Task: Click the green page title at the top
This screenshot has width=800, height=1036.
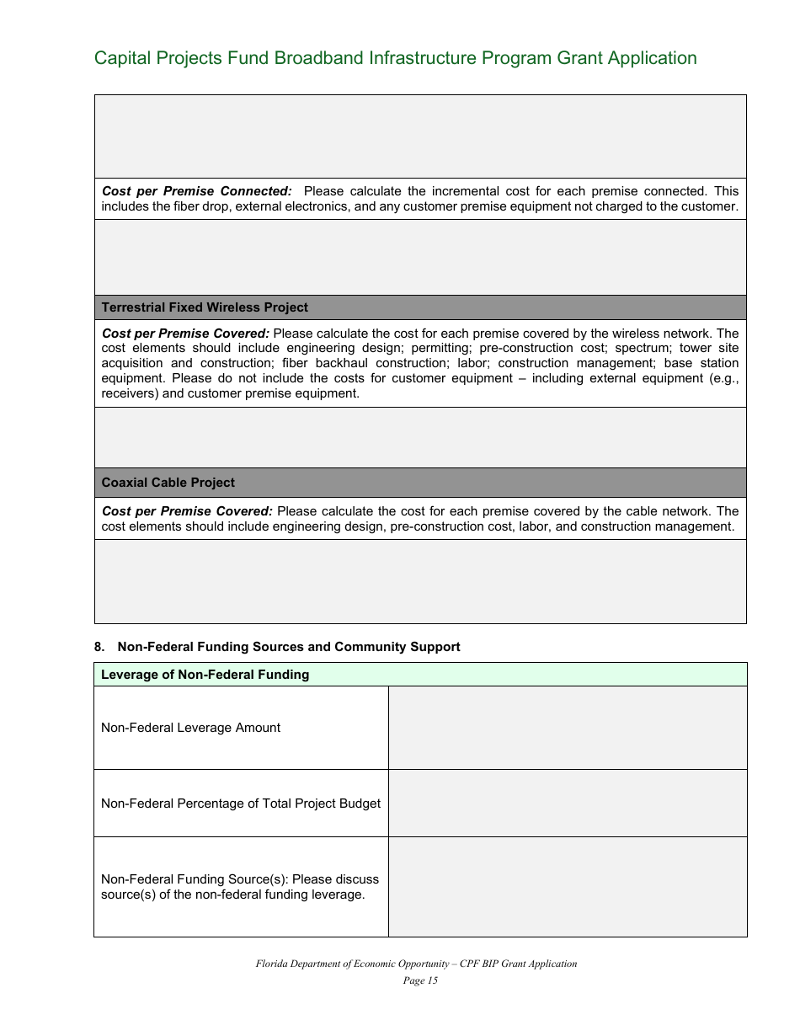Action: pos(395,58)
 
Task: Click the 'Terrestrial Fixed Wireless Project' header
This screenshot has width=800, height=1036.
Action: pos(205,307)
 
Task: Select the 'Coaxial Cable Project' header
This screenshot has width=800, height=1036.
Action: pos(168,483)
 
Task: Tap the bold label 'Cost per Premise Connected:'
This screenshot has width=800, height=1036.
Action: pos(196,191)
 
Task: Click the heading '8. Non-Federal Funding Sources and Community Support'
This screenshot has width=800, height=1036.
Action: pos(277,647)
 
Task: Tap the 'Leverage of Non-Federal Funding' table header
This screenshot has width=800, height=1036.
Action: pos(205,675)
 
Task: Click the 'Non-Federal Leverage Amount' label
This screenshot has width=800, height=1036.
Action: pos(190,728)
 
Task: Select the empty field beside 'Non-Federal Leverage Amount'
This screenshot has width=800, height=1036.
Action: pos(567,728)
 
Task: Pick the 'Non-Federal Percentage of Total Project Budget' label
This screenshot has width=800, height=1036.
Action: pos(240,804)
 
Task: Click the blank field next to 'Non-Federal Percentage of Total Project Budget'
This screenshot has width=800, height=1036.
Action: pos(567,804)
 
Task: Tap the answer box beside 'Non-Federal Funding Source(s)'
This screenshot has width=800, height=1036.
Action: pos(567,887)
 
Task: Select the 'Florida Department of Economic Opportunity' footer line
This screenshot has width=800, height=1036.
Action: pos(416,964)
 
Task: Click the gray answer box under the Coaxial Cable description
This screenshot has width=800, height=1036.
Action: pos(420,581)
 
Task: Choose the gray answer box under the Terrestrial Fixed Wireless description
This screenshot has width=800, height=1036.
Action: pos(420,437)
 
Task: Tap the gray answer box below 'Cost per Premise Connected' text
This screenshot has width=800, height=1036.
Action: pos(420,257)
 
